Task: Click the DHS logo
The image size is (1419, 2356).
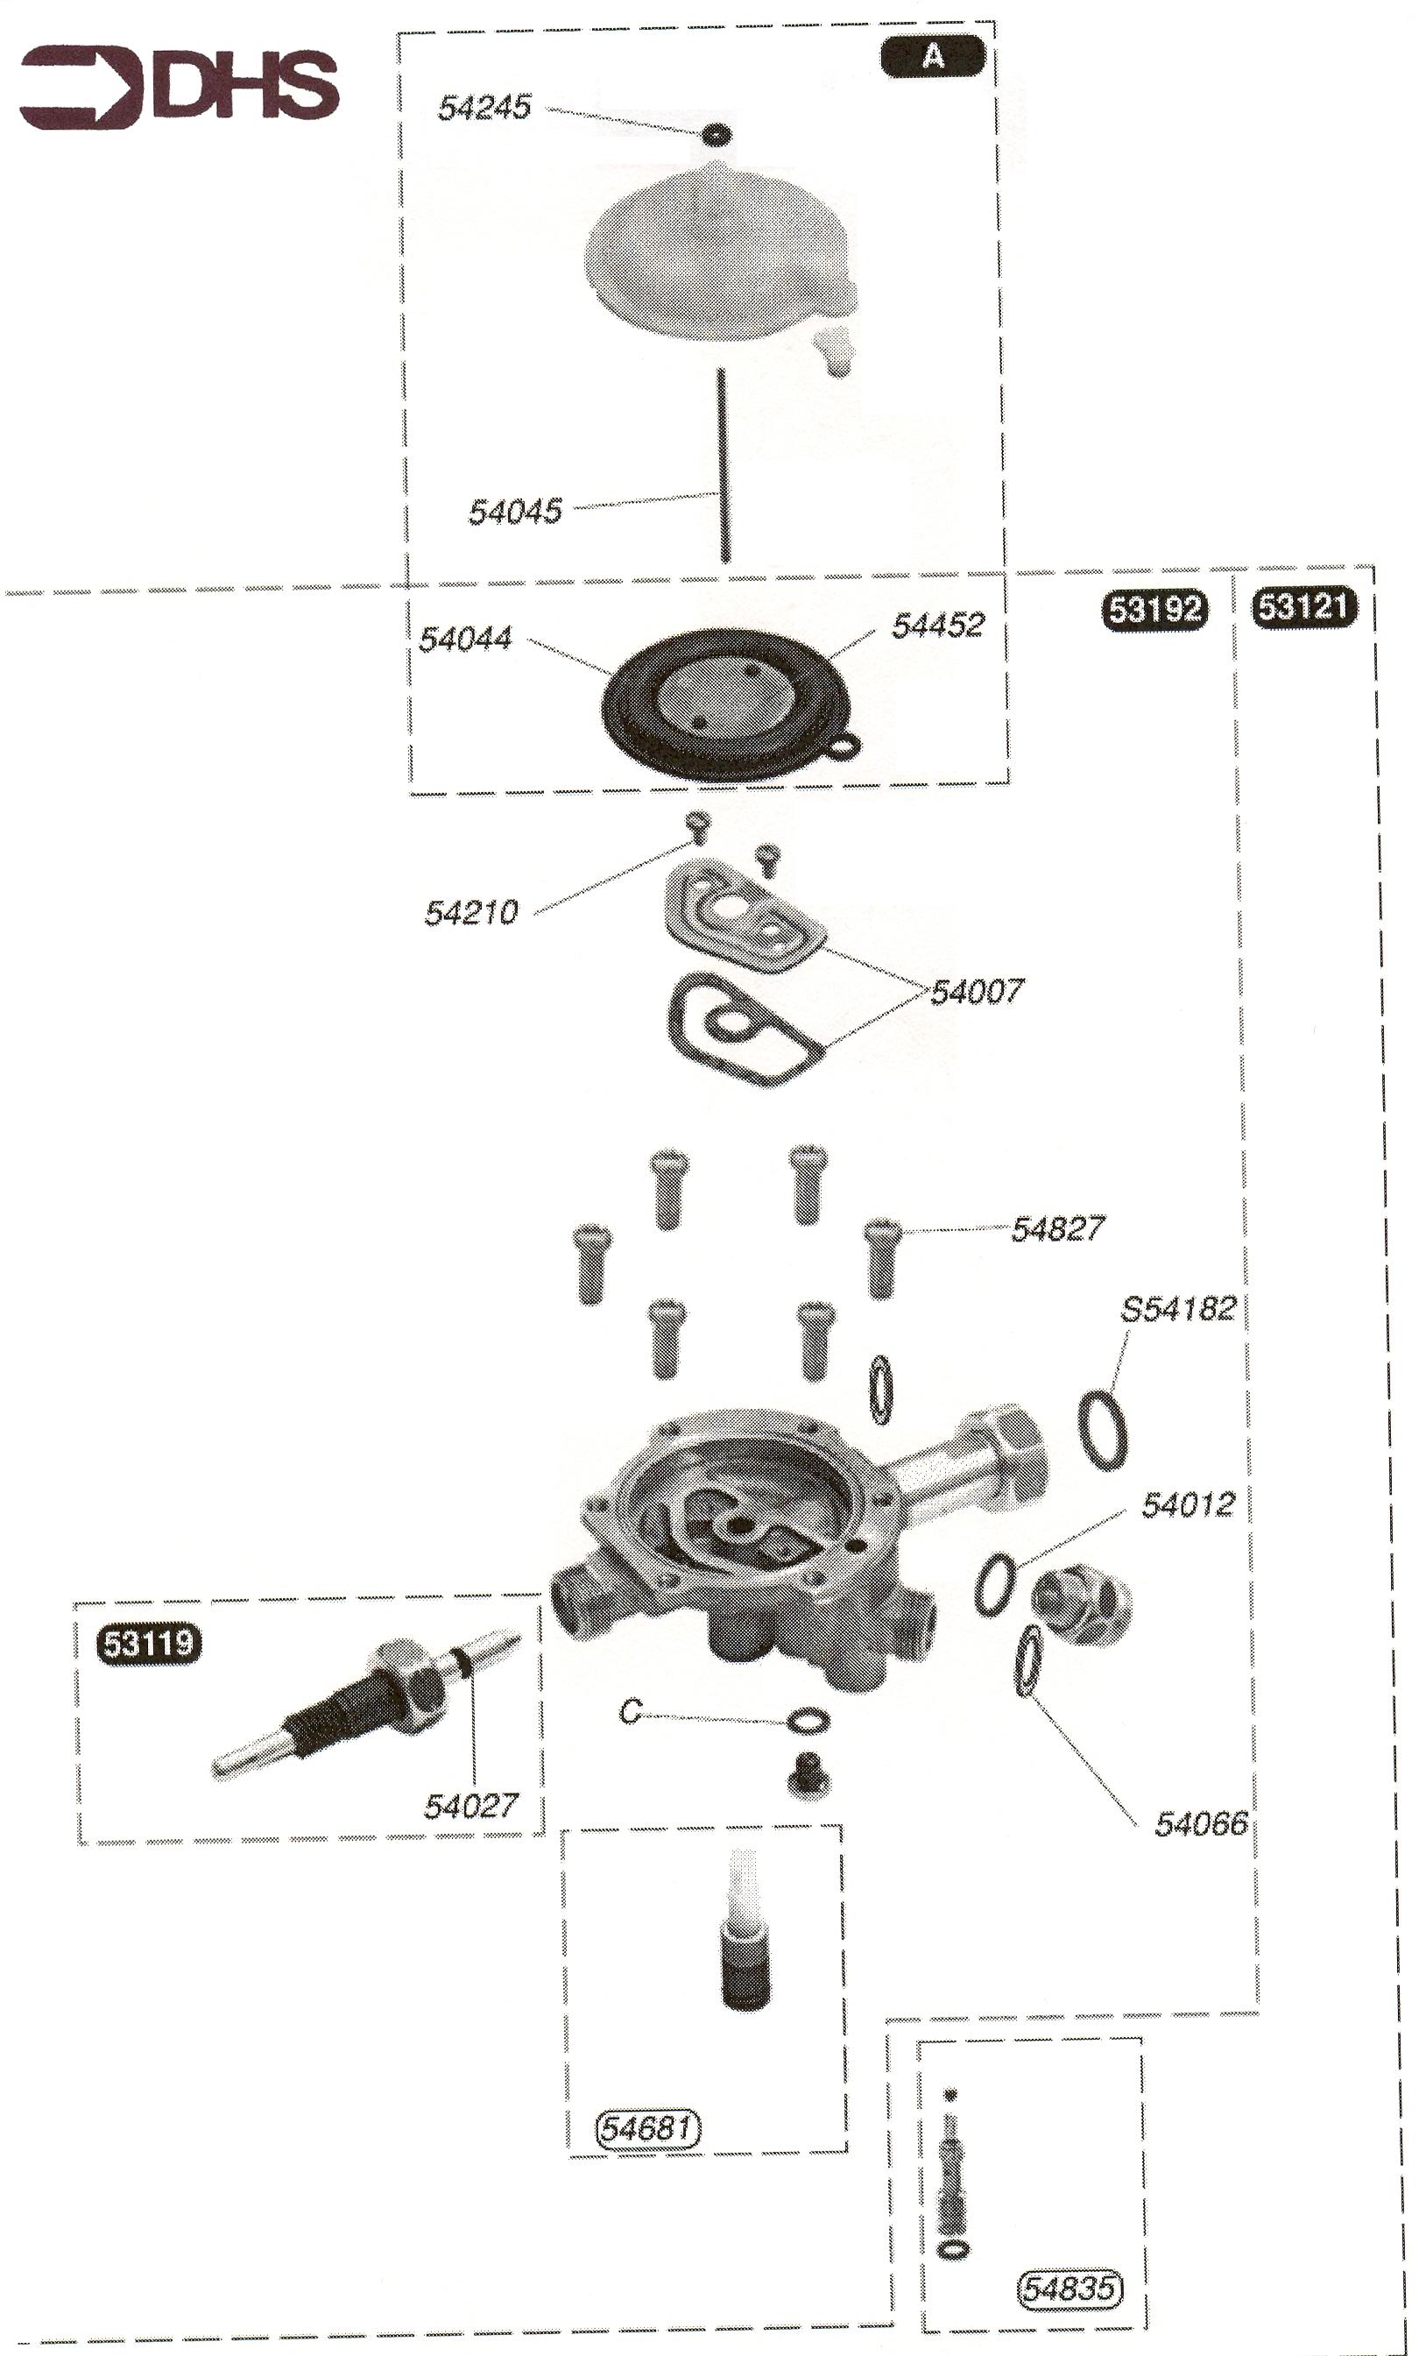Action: (180, 86)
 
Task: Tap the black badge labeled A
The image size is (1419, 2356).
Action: (932, 56)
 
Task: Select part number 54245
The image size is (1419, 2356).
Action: (484, 107)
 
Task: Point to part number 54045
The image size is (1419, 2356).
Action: (514, 512)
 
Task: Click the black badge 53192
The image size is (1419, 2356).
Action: (1155, 608)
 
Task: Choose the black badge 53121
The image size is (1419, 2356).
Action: (1303, 606)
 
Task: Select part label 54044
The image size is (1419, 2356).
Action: (466, 639)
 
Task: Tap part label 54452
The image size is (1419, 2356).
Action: (937, 626)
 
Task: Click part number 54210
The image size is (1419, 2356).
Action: (470, 912)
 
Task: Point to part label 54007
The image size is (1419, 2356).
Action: (977, 992)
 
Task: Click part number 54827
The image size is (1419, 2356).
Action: (1057, 1228)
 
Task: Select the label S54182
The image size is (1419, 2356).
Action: (1178, 1308)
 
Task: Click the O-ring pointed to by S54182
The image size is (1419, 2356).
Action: (1103, 1430)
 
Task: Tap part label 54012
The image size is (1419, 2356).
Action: (1188, 1505)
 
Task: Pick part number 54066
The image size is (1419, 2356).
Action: (1201, 1823)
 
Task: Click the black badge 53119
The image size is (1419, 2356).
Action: (149, 1643)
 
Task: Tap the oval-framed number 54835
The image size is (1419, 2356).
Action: (1069, 2289)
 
